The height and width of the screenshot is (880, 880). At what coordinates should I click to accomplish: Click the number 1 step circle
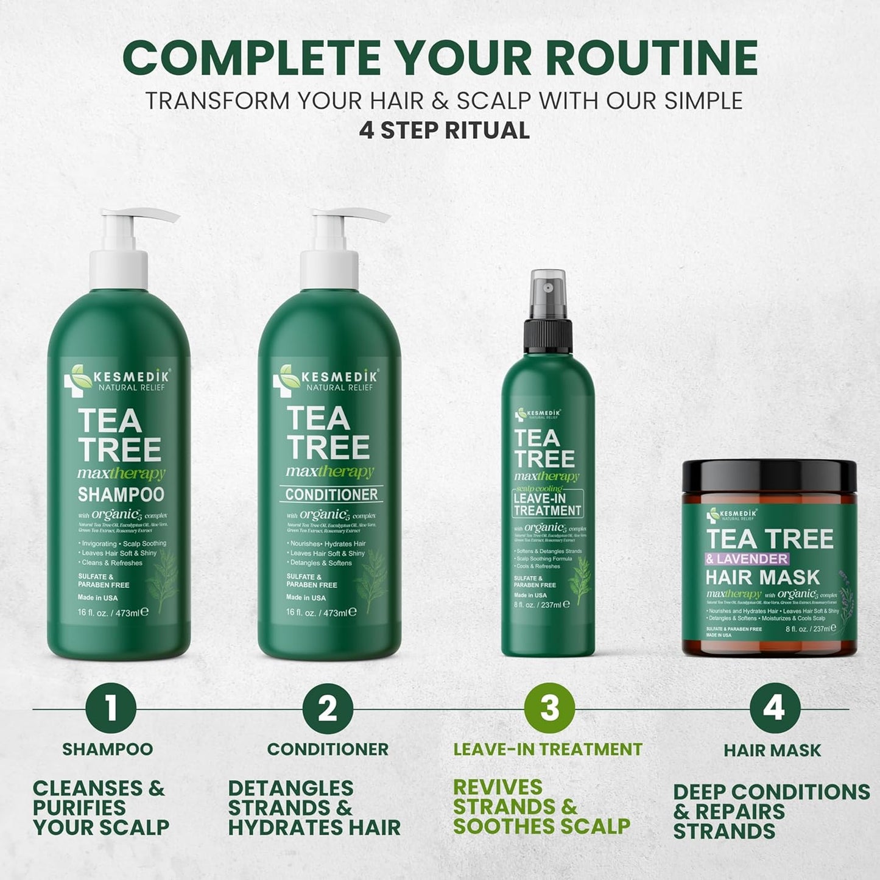click(110, 708)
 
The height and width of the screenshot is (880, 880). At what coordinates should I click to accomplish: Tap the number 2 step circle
click(328, 708)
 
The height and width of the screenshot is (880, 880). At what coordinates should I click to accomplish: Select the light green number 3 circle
click(549, 708)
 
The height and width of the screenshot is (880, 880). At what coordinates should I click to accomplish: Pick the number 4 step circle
click(774, 708)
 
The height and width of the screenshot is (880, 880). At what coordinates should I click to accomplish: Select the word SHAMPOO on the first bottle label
click(121, 495)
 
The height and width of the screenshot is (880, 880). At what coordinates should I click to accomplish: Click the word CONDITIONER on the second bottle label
click(331, 495)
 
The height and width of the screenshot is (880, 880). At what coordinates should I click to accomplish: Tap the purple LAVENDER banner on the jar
click(747, 558)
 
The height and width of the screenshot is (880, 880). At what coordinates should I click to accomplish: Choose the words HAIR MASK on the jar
click(762, 577)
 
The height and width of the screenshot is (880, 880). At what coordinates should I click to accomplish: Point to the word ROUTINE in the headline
click(651, 58)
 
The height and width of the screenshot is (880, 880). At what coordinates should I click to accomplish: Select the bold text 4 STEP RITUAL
click(444, 130)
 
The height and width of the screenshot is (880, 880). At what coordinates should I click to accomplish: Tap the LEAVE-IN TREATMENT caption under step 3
click(547, 749)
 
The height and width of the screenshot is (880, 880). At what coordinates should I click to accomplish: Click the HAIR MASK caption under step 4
click(772, 750)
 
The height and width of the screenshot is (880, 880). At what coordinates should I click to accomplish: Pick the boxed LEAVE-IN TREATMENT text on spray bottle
click(547, 504)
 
